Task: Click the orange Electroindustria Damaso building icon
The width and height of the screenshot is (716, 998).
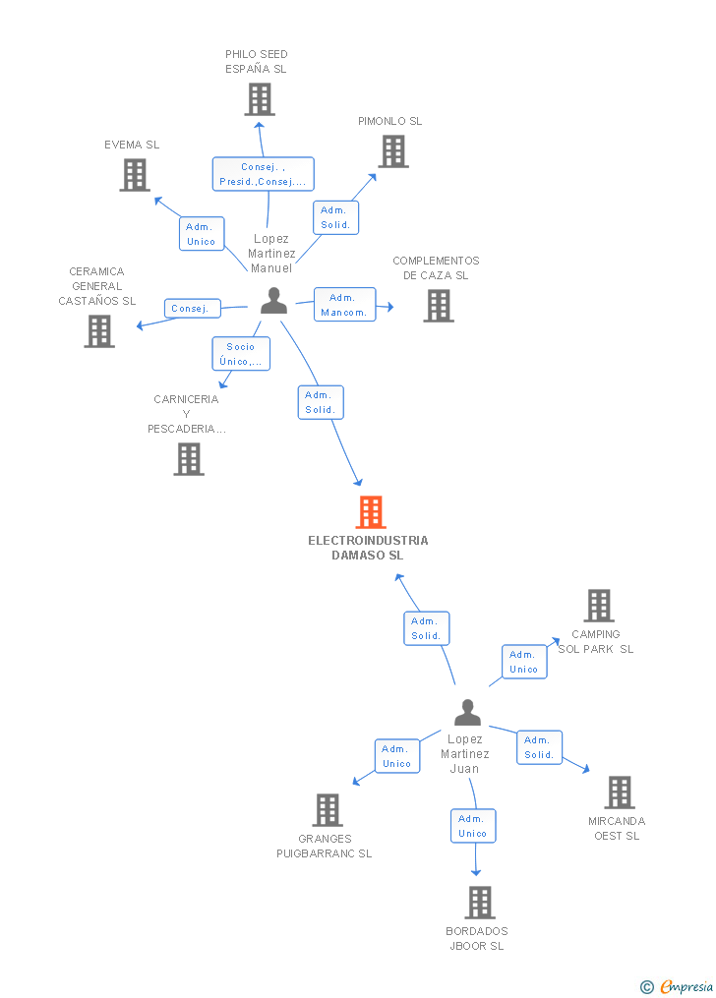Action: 370,512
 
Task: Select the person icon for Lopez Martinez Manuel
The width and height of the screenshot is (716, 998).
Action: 273,301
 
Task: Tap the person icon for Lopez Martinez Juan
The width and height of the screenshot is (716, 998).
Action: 467,713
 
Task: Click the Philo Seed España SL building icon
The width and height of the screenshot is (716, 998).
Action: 259,99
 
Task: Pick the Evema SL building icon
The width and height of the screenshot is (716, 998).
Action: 135,175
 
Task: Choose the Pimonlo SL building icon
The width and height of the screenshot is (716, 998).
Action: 393,151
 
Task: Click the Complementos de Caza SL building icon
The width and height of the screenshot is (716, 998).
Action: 438,306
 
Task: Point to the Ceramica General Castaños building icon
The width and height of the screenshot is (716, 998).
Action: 99,331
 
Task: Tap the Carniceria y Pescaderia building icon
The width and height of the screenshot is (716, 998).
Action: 189,459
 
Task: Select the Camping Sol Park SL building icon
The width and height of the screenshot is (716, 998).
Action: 598,606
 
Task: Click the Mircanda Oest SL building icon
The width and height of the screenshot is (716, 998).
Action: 619,793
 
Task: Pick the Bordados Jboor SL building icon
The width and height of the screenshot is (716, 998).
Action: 479,903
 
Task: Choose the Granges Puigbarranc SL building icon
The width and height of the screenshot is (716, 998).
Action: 328,810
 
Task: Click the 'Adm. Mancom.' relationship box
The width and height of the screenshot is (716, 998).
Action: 343,305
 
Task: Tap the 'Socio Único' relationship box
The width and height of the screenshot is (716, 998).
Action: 241,354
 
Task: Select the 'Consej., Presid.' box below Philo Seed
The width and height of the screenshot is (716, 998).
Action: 263,174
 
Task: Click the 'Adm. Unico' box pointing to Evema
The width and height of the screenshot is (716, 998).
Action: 202,234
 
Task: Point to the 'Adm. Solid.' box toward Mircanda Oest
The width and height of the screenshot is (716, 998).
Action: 539,747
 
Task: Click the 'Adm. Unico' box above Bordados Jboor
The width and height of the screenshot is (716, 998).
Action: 472,826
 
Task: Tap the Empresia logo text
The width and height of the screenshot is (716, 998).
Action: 686,986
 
